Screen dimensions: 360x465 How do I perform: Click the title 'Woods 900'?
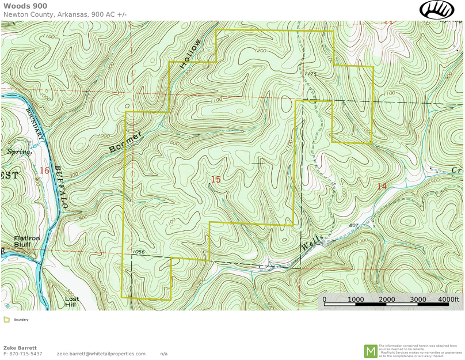pos(25,6)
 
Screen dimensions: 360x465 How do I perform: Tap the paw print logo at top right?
pos(437,9)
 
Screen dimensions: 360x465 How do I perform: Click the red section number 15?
pos(215,180)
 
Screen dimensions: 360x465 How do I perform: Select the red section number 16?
pos(44,170)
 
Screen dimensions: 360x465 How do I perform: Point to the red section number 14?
pos(382,186)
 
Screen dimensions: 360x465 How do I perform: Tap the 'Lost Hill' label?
pos(72,302)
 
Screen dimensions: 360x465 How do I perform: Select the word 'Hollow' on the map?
pos(190,54)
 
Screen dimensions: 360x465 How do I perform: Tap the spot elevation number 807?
pos(354,225)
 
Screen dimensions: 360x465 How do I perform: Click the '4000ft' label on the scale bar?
pos(449,300)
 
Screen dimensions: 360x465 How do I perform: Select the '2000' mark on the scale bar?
pos(387,300)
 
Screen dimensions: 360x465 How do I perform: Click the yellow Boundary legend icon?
pos(7,320)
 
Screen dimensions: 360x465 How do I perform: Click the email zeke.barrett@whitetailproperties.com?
pos(101,354)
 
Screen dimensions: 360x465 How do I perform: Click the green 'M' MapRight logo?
pos(371,351)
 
